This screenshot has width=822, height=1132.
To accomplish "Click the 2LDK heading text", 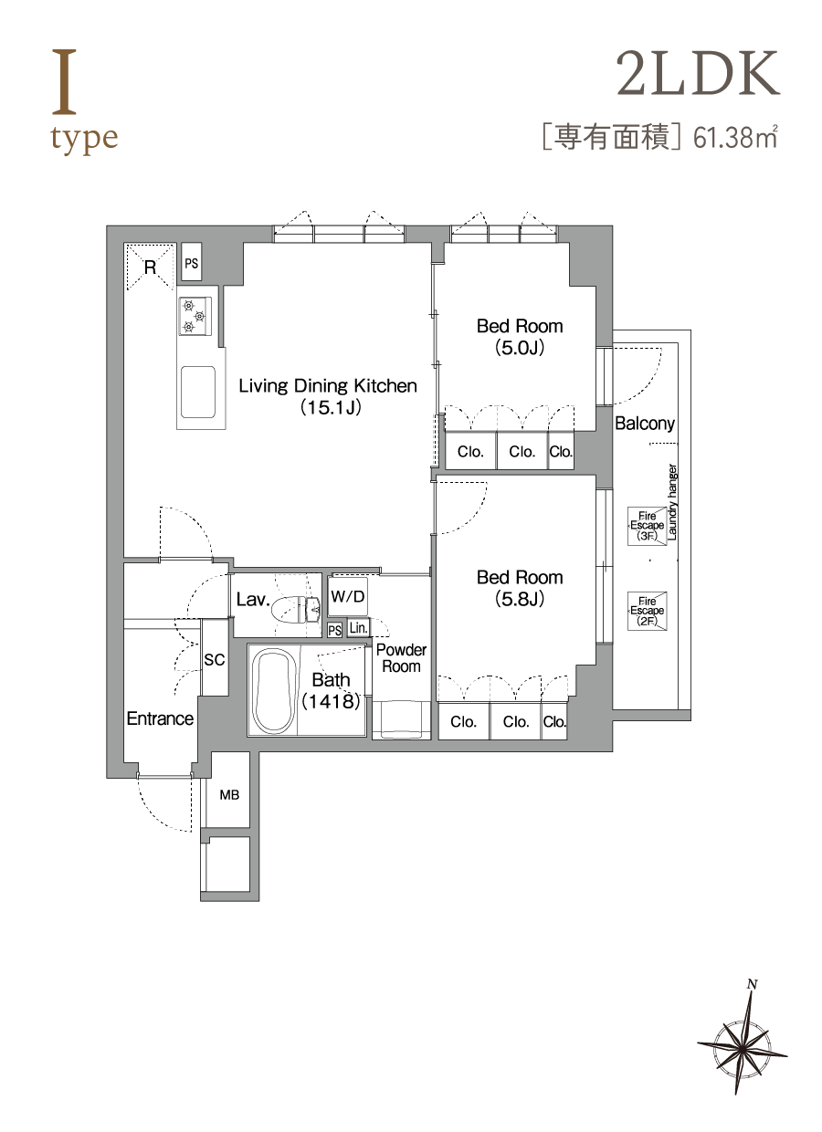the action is pyautogui.click(x=698, y=73).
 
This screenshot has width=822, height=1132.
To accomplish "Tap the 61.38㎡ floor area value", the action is pyautogui.click(x=734, y=138).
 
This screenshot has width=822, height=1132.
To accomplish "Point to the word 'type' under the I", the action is pyautogui.click(x=84, y=139).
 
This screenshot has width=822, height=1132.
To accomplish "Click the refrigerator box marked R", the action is pyautogui.click(x=150, y=267).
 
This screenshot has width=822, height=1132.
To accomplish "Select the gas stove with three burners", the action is pyautogui.click(x=195, y=317).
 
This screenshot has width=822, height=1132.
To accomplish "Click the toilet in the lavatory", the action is pyautogui.click(x=296, y=609).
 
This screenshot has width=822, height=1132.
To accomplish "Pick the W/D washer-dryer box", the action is pyautogui.click(x=347, y=596).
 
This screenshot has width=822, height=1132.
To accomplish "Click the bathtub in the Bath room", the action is pyautogui.click(x=273, y=691).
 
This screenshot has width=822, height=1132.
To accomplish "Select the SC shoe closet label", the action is pyautogui.click(x=215, y=659).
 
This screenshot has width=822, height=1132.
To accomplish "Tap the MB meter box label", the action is pyautogui.click(x=229, y=795).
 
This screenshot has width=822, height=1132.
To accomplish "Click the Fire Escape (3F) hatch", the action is pyautogui.click(x=647, y=526).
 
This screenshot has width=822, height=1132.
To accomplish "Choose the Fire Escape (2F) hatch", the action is pyautogui.click(x=647, y=611).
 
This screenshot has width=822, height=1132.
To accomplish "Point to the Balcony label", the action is pyautogui.click(x=645, y=423).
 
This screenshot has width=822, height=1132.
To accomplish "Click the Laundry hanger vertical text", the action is pyautogui.click(x=672, y=502).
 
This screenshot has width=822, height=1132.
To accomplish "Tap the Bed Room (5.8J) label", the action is pyautogui.click(x=520, y=588).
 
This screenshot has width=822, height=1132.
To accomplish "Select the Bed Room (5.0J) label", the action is pyautogui.click(x=520, y=337).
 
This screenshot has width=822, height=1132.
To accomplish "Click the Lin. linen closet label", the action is pyautogui.click(x=358, y=628).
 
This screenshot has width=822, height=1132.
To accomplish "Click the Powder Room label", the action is pyautogui.click(x=401, y=658).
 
